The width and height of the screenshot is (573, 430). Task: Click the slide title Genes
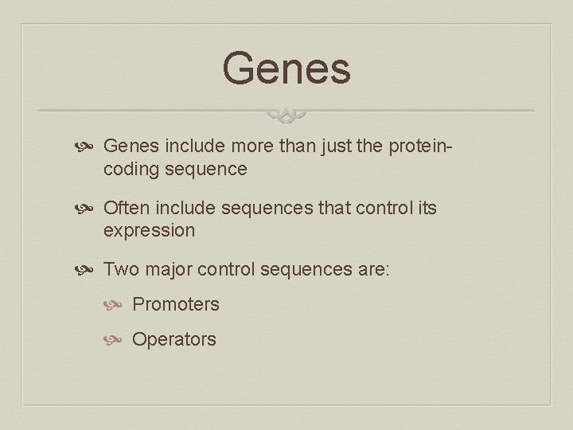coord(286,68)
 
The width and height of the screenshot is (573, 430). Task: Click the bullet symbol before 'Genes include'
coord(89,147)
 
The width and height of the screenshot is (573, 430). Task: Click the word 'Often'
coord(127,208)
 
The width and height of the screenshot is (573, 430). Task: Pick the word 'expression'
coord(149,230)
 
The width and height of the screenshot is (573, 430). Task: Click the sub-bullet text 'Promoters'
coord(175,304)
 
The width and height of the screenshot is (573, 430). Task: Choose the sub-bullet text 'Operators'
coord(173,339)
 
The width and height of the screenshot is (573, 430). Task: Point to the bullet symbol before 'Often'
coord(89,209)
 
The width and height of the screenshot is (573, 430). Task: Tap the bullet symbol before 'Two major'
coord(89,270)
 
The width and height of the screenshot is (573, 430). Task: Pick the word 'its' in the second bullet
coord(426,208)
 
